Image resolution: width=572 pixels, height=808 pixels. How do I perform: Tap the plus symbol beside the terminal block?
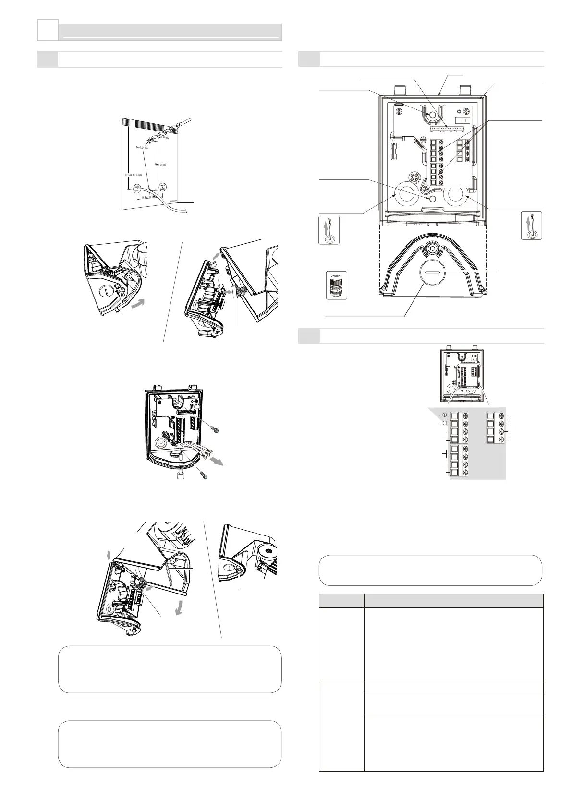444,415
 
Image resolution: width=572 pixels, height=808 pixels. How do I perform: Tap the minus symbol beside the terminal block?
444,423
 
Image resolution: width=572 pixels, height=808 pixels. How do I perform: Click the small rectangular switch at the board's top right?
463,117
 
